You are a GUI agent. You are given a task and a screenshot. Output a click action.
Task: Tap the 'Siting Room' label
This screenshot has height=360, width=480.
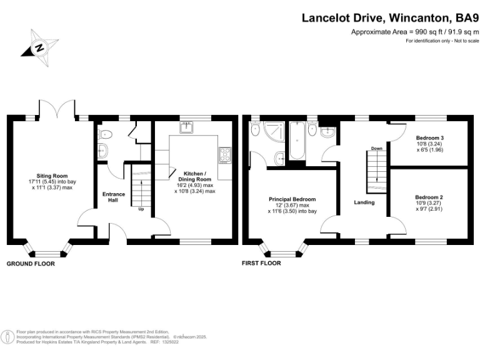[x=52, y=176]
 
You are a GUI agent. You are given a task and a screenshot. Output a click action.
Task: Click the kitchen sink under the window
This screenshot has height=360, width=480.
[x=186, y=127]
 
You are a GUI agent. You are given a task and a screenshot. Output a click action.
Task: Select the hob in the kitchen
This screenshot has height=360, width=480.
[x=225, y=153]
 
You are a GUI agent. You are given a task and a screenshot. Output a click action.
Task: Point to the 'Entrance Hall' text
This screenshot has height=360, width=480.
[x=114, y=197]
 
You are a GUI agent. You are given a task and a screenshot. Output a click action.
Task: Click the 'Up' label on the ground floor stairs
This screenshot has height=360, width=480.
[x=142, y=209]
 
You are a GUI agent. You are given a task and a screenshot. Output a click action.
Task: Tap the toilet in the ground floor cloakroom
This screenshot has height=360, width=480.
[x=105, y=133]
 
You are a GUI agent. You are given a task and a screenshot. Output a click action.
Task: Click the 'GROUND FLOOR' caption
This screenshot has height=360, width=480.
[x=31, y=264]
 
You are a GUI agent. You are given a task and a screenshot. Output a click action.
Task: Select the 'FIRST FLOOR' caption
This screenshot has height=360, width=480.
[x=261, y=264]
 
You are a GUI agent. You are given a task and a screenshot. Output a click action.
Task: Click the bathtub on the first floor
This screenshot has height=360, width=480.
[x=296, y=141]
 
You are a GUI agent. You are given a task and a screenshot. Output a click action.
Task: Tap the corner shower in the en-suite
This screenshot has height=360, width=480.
[x=273, y=132]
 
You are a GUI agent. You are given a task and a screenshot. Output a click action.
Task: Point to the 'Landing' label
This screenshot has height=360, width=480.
[x=364, y=202]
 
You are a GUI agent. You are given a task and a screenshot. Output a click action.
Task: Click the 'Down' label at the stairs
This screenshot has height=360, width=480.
[x=376, y=149]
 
